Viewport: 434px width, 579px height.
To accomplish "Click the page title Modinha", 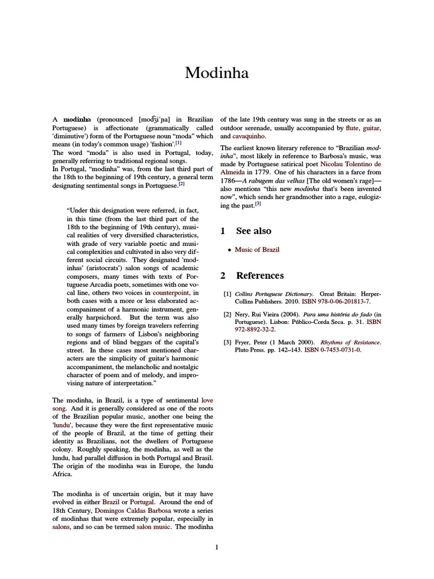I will [x=216, y=72].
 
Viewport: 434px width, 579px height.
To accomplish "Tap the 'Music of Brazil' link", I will [x=257, y=249].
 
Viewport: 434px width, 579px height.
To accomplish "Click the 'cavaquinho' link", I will [x=248, y=136].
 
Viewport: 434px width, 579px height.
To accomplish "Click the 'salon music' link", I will [x=155, y=526].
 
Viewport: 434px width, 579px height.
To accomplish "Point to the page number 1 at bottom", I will [x=216, y=547].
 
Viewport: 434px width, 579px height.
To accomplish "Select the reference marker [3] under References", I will [x=227, y=342].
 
